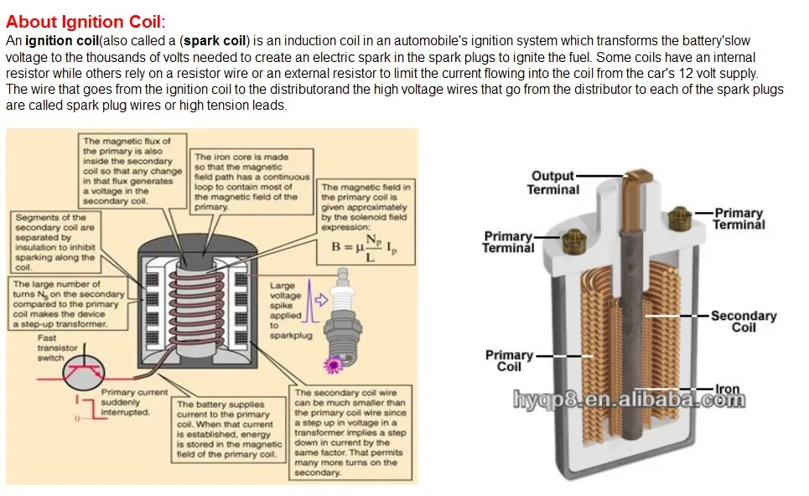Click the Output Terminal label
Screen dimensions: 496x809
coord(552,183)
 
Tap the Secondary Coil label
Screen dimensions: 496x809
coord(743,321)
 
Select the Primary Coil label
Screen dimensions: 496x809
coord(509,361)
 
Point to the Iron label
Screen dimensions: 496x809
coord(727,390)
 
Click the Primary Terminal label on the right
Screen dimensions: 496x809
coord(738,219)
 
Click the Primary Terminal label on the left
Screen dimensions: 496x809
coord(508,241)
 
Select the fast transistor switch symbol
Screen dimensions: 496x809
coord(81,372)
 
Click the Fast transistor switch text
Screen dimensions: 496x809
coord(58,348)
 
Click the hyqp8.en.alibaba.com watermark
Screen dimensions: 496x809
coord(629,400)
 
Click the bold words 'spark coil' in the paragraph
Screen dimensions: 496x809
coord(215,40)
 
